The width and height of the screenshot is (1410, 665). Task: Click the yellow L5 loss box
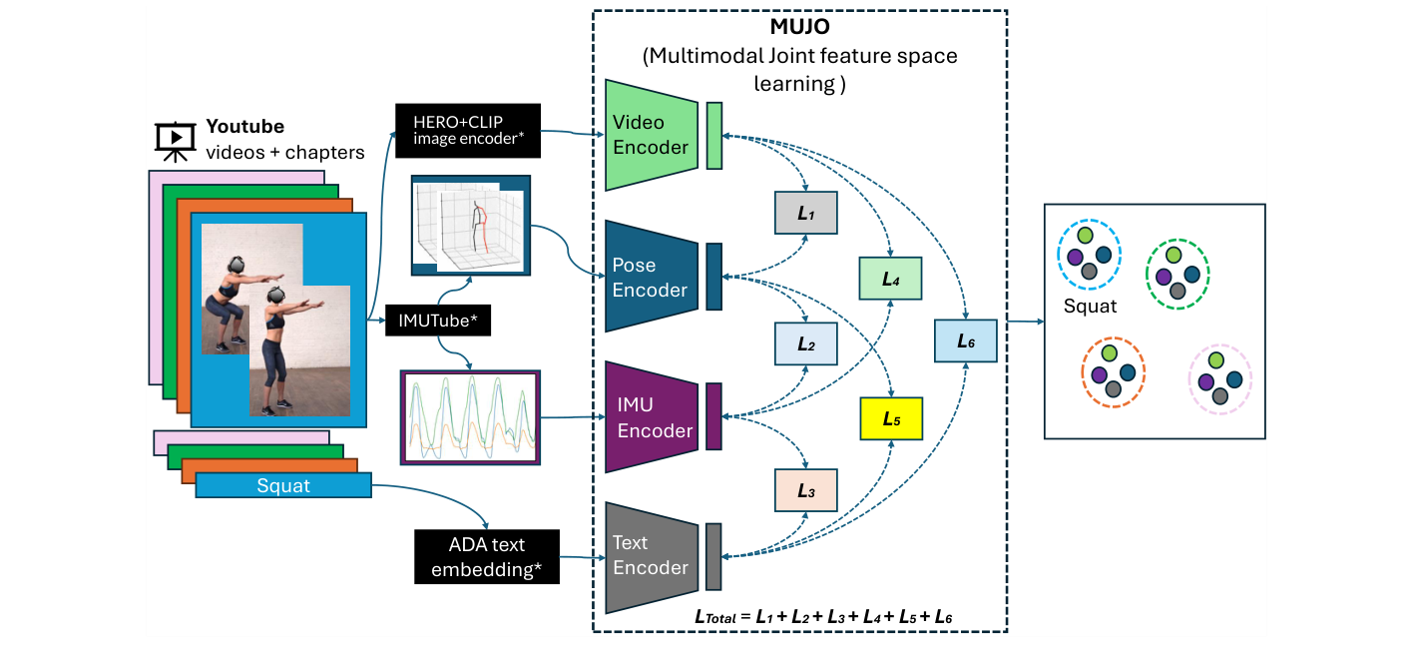(891, 419)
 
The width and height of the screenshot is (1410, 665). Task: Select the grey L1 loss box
(805, 213)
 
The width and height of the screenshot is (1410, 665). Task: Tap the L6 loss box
(965, 340)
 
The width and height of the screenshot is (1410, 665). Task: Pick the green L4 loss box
(891, 279)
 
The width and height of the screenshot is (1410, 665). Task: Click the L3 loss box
(805, 490)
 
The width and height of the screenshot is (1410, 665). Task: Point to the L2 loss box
(805, 344)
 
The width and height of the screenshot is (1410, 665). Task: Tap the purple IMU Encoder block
(651, 418)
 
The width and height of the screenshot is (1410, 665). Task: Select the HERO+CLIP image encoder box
(468, 130)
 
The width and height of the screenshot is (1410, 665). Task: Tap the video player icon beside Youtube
(175, 140)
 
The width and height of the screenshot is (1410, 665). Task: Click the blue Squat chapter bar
(283, 486)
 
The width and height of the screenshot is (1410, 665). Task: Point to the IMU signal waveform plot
(470, 417)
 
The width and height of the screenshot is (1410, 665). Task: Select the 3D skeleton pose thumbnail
(470, 227)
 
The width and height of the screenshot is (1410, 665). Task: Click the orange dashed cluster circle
(1113, 372)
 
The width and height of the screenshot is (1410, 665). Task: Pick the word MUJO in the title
(800, 29)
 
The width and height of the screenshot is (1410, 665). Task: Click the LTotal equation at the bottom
(823, 617)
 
